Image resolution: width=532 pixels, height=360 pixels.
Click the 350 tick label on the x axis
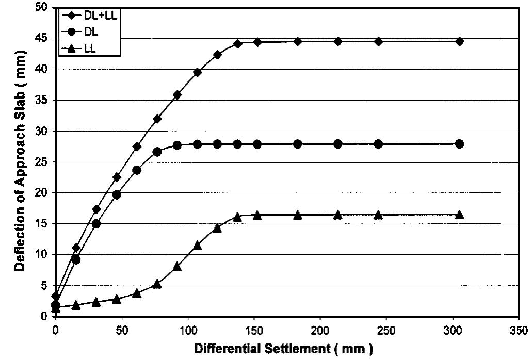click(519, 330)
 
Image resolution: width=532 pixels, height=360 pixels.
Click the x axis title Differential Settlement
click(282, 349)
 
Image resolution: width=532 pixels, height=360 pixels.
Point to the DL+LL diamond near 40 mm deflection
click(197, 72)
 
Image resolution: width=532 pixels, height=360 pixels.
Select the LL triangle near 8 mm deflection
click(177, 266)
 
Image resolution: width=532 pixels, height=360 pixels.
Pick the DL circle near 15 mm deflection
click(96, 224)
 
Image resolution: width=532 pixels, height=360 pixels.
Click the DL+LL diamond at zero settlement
click(56, 296)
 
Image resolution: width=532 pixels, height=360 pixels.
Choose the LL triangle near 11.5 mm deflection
click(197, 245)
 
